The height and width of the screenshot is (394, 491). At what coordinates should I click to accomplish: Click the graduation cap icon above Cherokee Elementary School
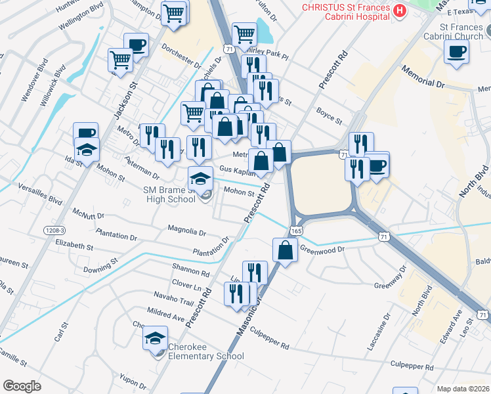156,338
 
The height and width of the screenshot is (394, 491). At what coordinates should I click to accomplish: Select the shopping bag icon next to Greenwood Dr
286,250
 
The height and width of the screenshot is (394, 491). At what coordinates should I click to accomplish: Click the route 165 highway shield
295,231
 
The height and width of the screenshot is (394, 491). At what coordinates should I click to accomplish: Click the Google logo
22,386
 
